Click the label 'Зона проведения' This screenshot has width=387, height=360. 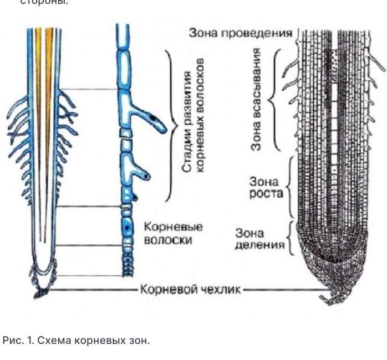coord(240,33)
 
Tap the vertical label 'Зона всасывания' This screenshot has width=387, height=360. coord(256,99)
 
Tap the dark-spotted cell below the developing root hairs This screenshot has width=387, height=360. coord(128,228)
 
